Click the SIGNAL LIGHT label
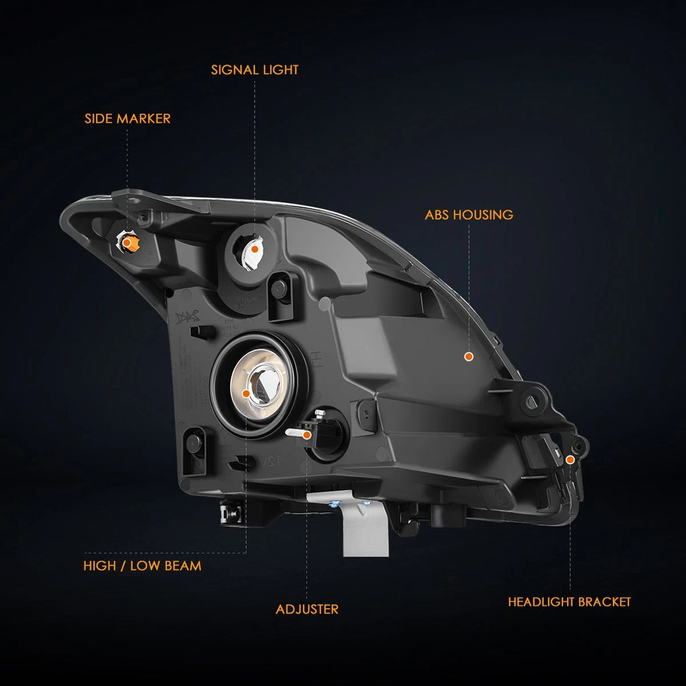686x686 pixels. (255, 70)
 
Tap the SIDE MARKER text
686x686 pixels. (127, 119)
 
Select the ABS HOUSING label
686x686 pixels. (468, 215)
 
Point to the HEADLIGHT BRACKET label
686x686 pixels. (569, 602)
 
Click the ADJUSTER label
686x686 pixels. (307, 610)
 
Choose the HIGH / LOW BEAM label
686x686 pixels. (142, 565)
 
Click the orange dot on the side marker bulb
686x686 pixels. (126, 243)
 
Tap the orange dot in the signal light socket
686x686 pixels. (255, 249)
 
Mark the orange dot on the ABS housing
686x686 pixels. (468, 356)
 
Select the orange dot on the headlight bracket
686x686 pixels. (570, 460)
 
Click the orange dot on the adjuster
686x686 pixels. (307, 435)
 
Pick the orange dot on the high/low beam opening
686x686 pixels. (246, 394)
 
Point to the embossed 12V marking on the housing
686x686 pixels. (271, 461)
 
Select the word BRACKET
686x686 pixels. (604, 602)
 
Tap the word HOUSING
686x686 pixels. (483, 215)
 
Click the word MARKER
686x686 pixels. (143, 119)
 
